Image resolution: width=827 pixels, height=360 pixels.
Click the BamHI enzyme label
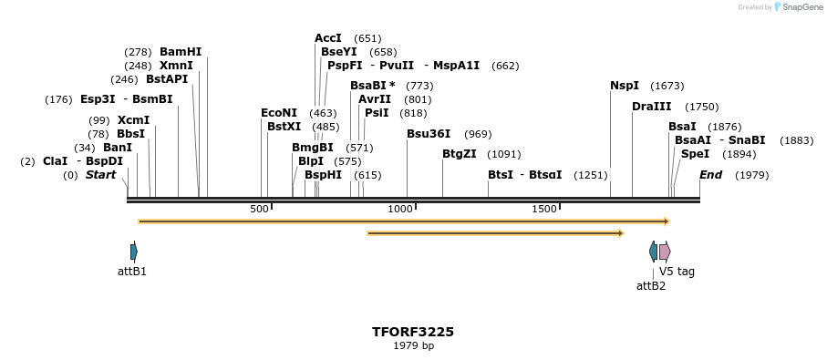(181, 52)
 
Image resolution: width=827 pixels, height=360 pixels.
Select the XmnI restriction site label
(176, 66)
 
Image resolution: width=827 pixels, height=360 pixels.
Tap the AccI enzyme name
(328, 38)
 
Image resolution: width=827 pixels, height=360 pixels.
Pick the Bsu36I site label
(429, 134)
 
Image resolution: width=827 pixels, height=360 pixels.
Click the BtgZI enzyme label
(460, 154)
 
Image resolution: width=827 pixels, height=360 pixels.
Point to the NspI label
(625, 86)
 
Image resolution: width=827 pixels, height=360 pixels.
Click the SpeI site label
(695, 154)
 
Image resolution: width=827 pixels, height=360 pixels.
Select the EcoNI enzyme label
(279, 113)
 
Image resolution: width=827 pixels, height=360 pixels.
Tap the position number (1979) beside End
(751, 175)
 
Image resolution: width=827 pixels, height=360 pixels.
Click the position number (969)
(478, 135)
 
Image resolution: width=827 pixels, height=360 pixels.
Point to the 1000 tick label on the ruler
(400, 210)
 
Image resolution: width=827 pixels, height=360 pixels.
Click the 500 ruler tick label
(260, 210)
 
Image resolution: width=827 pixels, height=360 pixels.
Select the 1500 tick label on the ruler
(544, 210)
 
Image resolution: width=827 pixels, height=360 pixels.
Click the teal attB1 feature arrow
(134, 252)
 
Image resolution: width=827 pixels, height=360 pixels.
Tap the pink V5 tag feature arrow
(665, 252)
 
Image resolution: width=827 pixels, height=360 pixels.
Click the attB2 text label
(651, 285)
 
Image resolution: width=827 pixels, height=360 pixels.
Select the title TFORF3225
(413, 332)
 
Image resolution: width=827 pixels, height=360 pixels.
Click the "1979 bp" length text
(413, 346)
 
